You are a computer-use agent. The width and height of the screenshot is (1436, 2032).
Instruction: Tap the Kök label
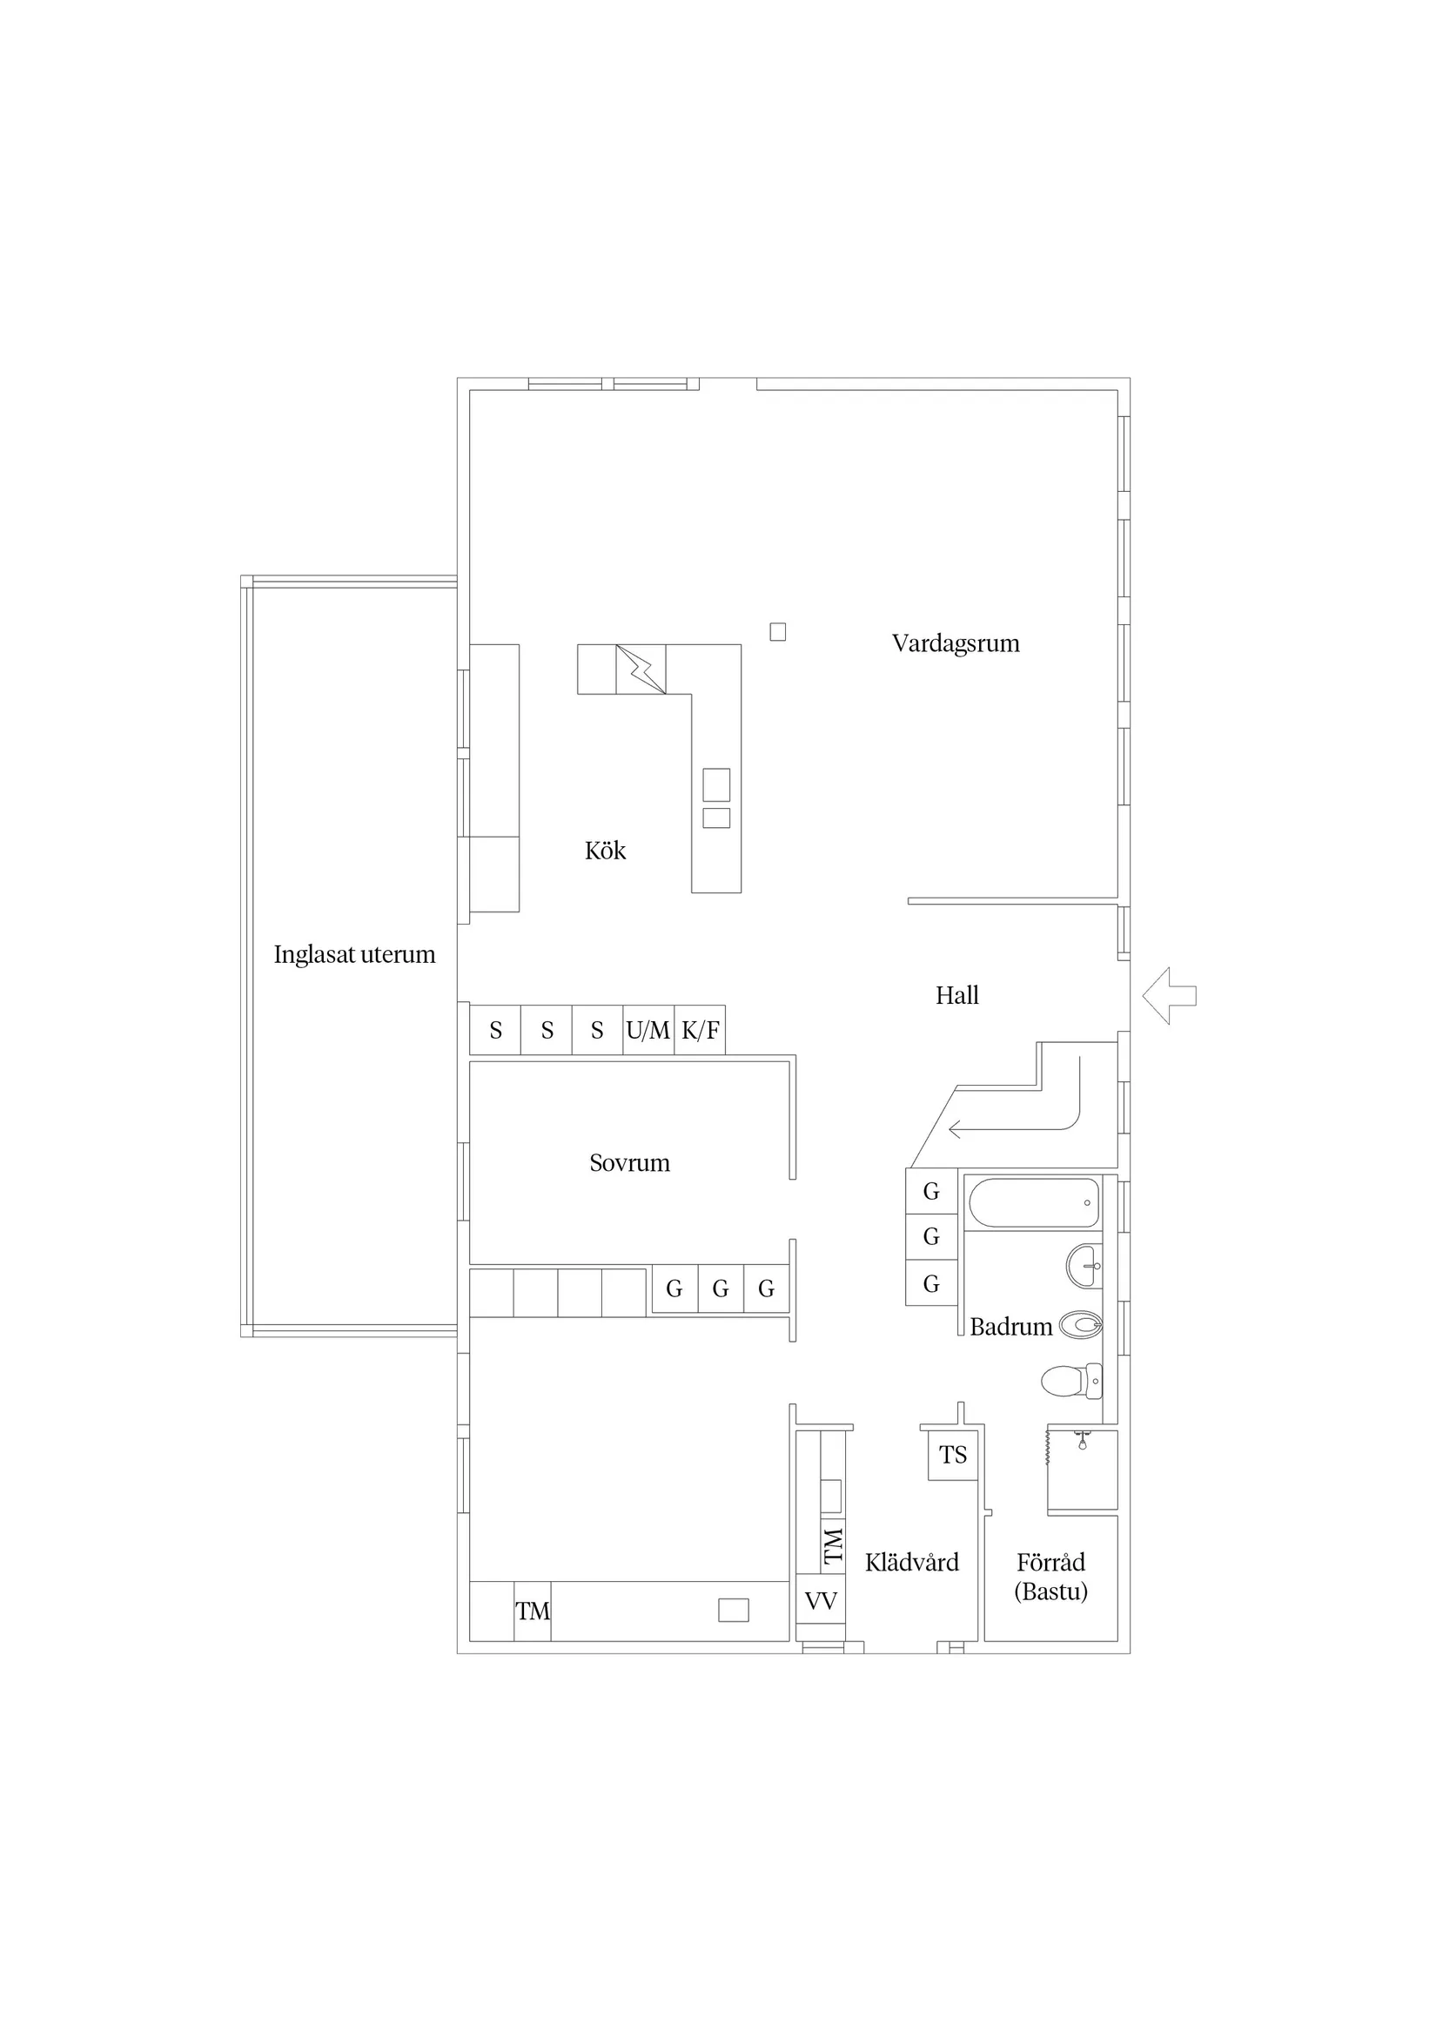point(605,851)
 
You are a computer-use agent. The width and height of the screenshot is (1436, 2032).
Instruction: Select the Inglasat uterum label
point(354,954)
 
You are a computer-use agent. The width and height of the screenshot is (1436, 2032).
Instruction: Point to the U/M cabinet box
point(648,1030)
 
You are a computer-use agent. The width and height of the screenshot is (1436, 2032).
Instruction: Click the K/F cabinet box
point(700,1030)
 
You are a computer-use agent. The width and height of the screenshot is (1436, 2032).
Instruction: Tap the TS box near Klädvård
point(953,1455)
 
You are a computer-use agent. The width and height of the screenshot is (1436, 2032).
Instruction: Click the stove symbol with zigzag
point(641,669)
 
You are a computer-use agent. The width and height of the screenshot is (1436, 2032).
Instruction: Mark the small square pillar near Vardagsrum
point(778,632)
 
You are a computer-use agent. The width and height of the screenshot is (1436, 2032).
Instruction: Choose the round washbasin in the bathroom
point(1084,1266)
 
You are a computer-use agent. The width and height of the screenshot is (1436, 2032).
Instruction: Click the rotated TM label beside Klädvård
point(834,1546)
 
